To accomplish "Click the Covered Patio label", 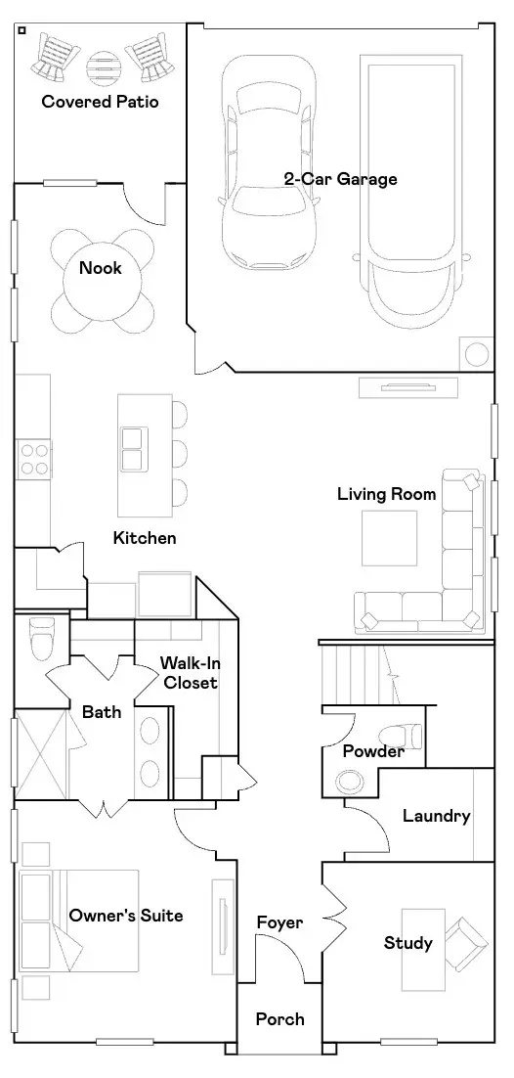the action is tap(101, 102).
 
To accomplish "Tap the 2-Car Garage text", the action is tap(341, 179).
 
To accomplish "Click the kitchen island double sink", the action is tap(133, 448).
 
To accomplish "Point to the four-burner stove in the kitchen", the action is tap(33, 460).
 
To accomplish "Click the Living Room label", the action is tap(386, 494).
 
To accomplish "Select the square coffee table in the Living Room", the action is tap(390, 538).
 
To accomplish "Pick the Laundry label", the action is tap(437, 816).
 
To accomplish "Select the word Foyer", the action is tap(279, 921).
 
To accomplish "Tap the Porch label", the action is tap(279, 1018).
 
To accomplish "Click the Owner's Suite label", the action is tap(126, 916).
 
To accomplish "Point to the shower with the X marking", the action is tap(40, 754).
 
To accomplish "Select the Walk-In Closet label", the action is tap(190, 672).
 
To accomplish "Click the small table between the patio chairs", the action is tap(103, 66).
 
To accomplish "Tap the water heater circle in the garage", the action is tap(477, 354).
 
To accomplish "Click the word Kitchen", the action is tap(145, 538).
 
